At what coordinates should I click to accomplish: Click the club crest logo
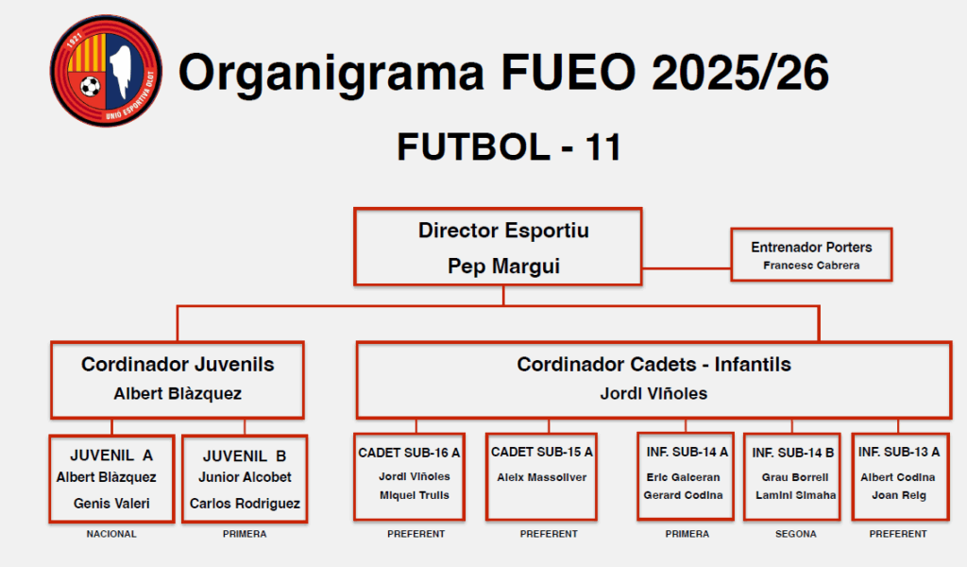point(106,71)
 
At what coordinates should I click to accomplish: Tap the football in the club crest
point(90,86)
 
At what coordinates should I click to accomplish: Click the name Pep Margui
point(504,266)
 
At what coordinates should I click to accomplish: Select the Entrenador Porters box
point(811,255)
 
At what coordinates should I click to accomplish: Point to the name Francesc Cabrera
point(811,266)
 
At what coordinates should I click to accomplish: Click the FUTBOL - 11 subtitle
point(509,146)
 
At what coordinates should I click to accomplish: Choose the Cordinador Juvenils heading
point(178,365)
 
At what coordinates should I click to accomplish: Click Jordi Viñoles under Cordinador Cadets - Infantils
point(653,394)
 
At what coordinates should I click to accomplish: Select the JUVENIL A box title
point(111,455)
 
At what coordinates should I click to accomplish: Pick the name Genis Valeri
point(111,504)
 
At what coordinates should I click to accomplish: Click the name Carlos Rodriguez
point(245,504)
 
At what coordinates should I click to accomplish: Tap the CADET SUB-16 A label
point(409,453)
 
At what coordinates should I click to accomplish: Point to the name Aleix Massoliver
point(542,477)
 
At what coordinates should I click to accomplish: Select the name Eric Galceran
point(684,477)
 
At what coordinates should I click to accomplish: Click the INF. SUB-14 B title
point(793,453)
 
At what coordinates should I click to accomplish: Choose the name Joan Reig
point(899,495)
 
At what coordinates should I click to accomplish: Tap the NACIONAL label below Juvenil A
point(111,534)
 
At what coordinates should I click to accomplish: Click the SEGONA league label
point(795,534)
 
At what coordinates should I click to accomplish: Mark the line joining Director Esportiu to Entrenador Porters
point(687,268)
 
